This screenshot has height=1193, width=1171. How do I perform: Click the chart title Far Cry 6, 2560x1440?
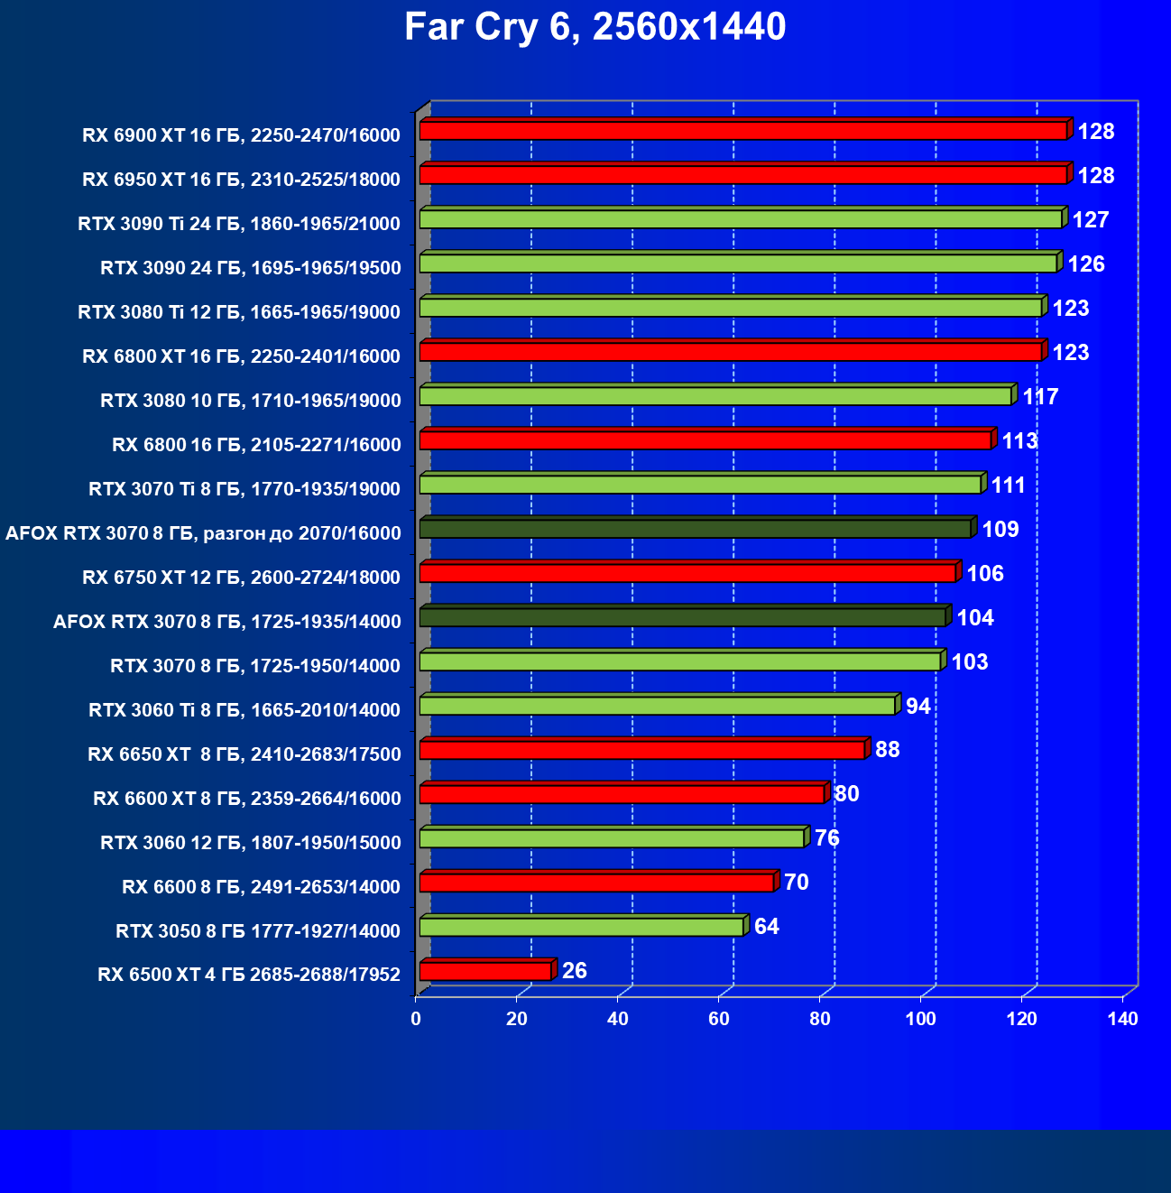595,27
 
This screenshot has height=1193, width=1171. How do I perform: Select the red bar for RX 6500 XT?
485,971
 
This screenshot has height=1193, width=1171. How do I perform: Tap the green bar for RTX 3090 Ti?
740,219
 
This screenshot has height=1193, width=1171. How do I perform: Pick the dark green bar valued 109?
695,529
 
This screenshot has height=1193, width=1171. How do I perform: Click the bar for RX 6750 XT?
687,573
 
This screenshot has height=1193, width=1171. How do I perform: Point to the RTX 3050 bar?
581,927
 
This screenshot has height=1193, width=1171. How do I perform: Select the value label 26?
575,971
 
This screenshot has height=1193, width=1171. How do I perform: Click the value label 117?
1040,397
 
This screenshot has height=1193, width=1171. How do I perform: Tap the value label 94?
918,706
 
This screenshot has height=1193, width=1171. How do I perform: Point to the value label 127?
1091,220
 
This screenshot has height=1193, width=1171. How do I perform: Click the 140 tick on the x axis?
1123,1020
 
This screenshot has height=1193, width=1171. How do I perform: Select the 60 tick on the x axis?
719,1020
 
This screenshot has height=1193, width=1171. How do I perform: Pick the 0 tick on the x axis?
416,1020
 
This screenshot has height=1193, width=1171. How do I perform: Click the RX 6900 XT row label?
241,135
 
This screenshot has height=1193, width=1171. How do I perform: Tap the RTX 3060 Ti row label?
244,710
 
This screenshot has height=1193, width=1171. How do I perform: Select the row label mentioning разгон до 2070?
203,533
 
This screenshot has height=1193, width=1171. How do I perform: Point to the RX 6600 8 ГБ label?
261,887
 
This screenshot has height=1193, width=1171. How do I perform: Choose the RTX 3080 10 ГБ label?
250,401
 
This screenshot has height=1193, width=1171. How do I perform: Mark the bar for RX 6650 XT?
642,750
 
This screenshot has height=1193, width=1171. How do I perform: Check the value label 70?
797,883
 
